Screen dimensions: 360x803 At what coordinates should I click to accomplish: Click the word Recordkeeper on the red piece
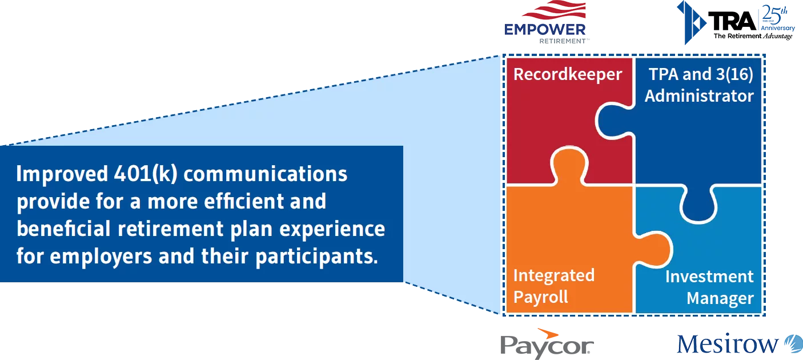coord(567,75)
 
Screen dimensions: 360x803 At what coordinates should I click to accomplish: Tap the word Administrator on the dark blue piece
coord(699,96)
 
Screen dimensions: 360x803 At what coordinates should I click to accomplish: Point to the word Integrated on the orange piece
coord(553,276)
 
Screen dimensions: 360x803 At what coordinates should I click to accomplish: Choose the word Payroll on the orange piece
coord(540,298)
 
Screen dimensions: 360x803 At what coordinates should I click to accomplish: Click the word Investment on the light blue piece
coord(709,277)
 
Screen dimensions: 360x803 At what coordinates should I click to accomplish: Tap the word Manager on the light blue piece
coord(720,298)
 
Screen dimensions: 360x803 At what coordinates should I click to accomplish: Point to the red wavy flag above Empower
coord(554,11)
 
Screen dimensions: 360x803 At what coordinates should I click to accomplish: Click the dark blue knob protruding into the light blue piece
coord(698,209)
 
